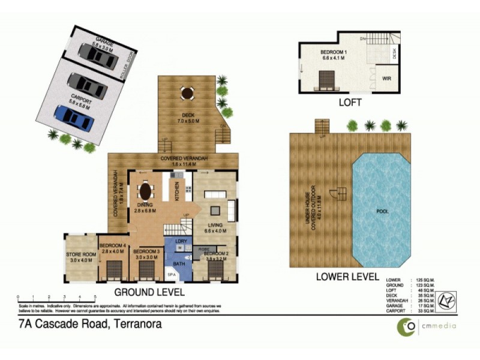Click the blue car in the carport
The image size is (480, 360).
(x=74, y=118)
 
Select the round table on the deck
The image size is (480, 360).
(x=187, y=94)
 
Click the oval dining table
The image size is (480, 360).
(x=145, y=192)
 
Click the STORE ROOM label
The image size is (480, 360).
(x=79, y=257)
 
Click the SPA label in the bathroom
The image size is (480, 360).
(x=171, y=274)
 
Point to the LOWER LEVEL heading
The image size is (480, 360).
(x=347, y=277)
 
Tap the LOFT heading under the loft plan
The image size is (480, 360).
(x=349, y=103)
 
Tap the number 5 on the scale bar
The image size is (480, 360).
(x=95, y=297)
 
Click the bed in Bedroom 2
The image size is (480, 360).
(x=215, y=270)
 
